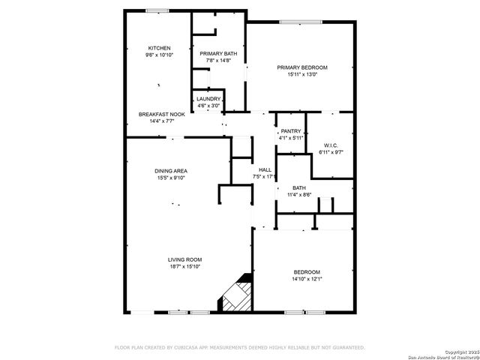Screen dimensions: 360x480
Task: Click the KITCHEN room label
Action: click(158, 48)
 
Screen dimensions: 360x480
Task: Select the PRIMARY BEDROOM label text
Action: click(302, 67)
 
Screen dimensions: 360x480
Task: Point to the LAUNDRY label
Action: click(208, 99)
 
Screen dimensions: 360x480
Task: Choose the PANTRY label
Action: click(291, 131)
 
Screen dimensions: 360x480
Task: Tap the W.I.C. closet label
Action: click(331, 145)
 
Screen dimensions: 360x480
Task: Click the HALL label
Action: click(265, 170)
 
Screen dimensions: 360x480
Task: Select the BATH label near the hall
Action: click(299, 188)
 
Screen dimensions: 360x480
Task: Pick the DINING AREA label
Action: click(171, 171)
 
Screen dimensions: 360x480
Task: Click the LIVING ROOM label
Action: click(184, 259)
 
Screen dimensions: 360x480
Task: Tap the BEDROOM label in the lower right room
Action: click(307, 272)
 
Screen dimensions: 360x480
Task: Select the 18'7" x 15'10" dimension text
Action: click(184, 266)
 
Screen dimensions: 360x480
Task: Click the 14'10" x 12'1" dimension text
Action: click(307, 279)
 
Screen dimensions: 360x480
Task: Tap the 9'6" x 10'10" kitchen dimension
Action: click(158, 55)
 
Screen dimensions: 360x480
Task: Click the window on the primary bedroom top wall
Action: click(301, 22)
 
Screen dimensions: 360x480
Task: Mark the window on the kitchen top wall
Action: click(157, 10)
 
